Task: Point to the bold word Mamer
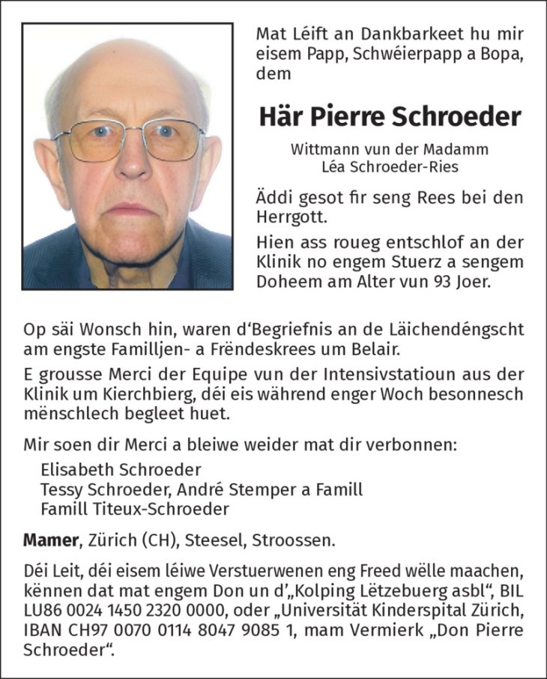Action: (x=49, y=540)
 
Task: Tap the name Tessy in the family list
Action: (x=61, y=489)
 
